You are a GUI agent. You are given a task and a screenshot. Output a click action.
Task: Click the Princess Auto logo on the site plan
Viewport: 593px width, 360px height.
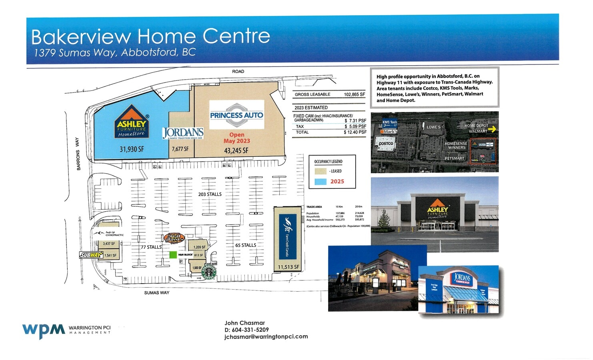click(x=236, y=115)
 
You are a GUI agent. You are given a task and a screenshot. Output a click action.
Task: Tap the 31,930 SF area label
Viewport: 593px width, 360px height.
click(x=132, y=149)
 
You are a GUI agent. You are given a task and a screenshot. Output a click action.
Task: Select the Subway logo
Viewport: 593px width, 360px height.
click(x=91, y=255)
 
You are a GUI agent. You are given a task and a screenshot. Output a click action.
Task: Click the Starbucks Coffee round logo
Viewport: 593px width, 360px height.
click(x=208, y=272)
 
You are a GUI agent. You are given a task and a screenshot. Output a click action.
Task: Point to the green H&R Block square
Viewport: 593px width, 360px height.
click(x=173, y=254)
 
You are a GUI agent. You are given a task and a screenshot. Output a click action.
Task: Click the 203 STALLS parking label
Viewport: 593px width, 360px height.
click(x=210, y=194)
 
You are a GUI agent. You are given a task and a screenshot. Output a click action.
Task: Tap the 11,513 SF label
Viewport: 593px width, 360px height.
click(x=288, y=267)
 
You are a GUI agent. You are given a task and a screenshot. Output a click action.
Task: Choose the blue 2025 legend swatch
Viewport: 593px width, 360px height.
click(x=321, y=182)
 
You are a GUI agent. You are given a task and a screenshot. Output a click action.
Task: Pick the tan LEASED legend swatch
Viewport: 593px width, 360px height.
click(x=321, y=171)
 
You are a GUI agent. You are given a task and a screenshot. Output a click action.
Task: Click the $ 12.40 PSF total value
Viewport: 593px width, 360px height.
click(x=355, y=132)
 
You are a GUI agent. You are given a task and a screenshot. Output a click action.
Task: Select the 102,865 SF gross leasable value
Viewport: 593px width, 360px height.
click(x=355, y=94)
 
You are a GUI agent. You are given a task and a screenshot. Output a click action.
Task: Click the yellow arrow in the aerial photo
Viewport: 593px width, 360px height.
click(x=492, y=129)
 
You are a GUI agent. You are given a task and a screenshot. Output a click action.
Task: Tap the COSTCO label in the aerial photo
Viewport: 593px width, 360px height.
click(x=386, y=144)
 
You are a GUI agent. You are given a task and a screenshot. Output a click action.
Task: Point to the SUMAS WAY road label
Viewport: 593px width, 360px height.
click(x=157, y=293)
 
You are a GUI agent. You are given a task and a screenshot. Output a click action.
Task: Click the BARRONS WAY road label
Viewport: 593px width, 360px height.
click(x=78, y=154)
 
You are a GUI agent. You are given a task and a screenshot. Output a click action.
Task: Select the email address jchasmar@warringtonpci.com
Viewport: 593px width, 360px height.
click(x=266, y=336)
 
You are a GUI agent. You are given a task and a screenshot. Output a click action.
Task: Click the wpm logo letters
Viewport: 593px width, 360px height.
click(x=44, y=330)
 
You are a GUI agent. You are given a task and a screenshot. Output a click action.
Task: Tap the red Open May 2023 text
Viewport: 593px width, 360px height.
click(x=237, y=138)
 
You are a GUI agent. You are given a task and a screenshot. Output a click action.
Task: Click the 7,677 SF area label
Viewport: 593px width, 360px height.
click(x=180, y=149)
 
